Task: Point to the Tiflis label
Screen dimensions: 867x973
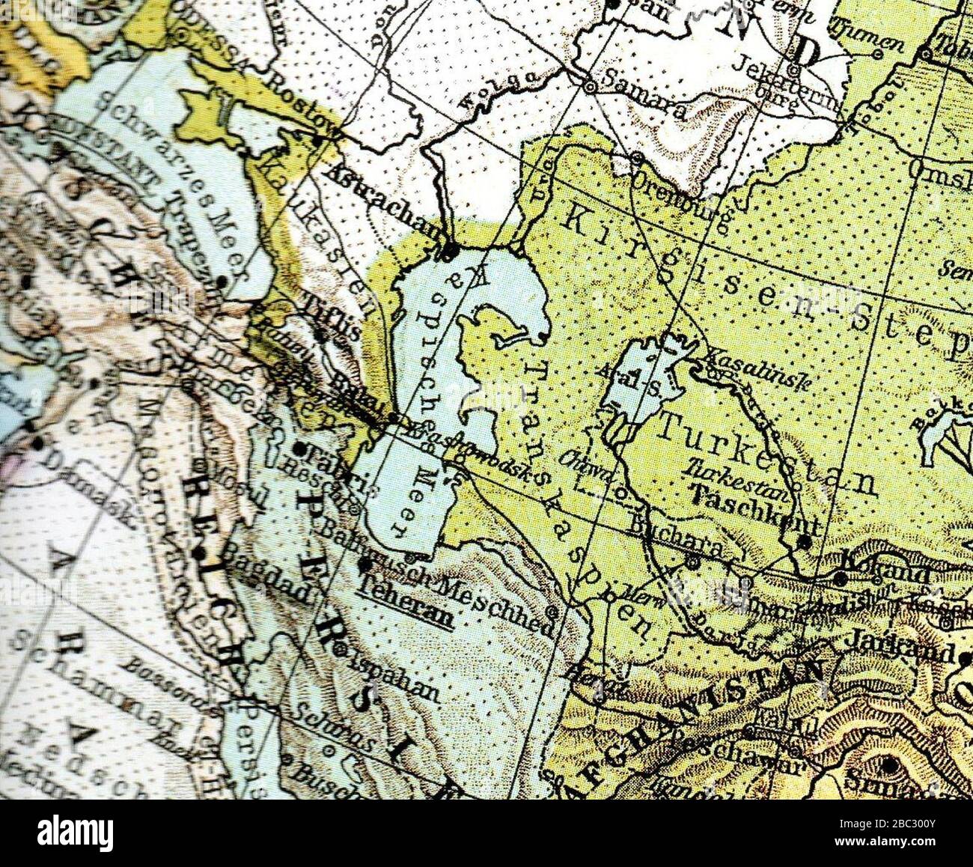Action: (x=334, y=318)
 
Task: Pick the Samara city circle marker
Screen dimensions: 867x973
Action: (x=590, y=87)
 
